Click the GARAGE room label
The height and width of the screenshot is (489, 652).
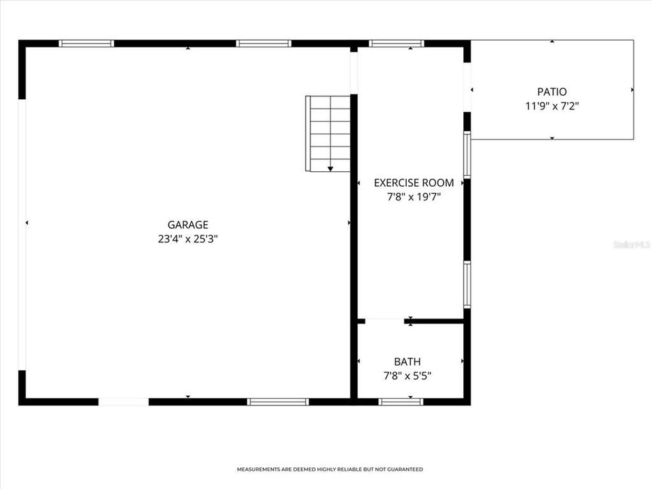tap(187, 225)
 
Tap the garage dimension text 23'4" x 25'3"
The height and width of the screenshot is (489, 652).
tap(187, 239)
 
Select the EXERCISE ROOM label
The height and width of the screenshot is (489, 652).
tap(414, 183)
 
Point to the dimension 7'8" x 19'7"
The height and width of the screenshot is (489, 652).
tap(414, 197)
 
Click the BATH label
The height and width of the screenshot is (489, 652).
tap(407, 362)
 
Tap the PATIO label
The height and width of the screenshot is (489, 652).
tap(551, 92)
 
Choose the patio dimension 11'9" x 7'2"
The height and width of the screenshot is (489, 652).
tap(551, 106)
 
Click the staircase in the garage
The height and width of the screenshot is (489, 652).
tap(329, 132)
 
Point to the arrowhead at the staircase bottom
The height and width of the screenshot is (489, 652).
tap(330, 168)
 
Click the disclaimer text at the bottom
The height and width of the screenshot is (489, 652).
tap(329, 469)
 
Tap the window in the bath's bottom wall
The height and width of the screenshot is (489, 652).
tap(401, 402)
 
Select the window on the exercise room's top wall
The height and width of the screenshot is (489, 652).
tap(397, 44)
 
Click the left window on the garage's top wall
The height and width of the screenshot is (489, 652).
tap(86, 44)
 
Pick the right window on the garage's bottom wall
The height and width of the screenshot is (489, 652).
tap(278, 402)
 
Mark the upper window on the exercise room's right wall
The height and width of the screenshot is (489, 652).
tap(467, 154)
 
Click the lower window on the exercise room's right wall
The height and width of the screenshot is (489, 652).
tap(467, 284)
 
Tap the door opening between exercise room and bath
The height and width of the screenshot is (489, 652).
tap(384, 321)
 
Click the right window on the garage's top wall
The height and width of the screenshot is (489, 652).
tap(264, 44)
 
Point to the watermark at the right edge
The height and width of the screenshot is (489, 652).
tap(632, 244)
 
